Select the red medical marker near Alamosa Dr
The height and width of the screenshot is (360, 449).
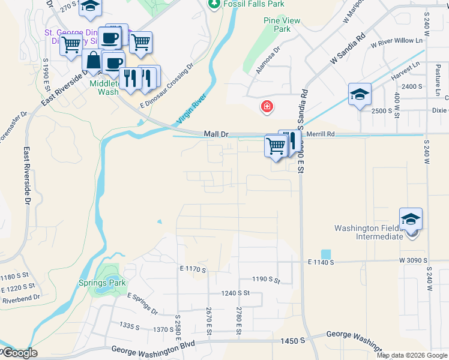[x=267, y=107]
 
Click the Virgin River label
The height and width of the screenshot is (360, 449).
[x=192, y=109]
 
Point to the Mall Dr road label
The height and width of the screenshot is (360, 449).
[x=216, y=134]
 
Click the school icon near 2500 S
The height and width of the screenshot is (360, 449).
[x=360, y=94]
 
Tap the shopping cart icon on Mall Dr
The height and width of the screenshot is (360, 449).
[x=276, y=145]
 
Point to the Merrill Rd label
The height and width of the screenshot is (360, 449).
[x=321, y=134]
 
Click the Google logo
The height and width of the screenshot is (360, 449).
[x=19, y=353]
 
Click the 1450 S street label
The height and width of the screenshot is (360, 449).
[x=293, y=341]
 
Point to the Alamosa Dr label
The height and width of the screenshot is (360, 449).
[x=268, y=61]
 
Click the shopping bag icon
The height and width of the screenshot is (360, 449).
[x=93, y=61]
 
